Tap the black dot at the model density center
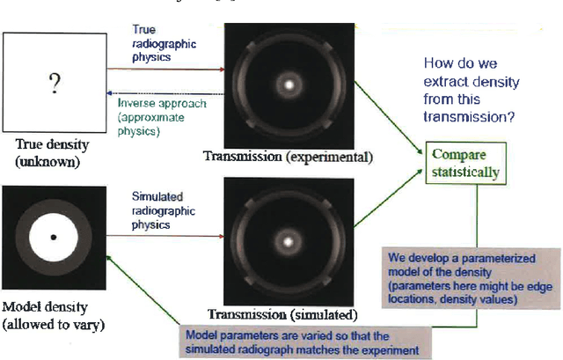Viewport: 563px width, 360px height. tap(53, 238)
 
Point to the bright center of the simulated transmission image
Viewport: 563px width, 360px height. tap(289, 239)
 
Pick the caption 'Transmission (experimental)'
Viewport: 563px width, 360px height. tap(289, 157)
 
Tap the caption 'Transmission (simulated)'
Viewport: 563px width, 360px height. tap(281, 313)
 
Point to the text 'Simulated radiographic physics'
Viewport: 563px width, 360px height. tap(163, 210)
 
